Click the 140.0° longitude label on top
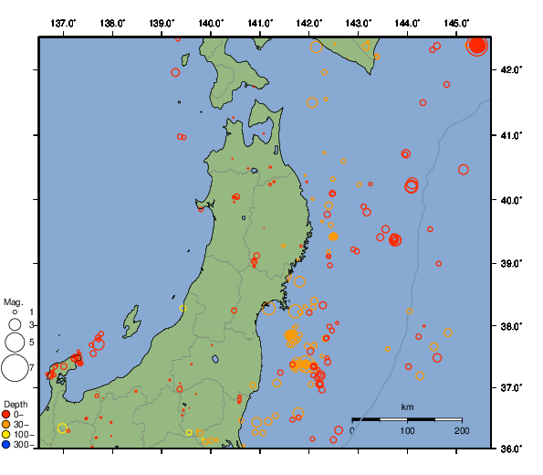tap(211, 22)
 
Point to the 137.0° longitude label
tap(63, 22)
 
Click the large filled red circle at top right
tap(477, 46)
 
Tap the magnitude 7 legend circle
tap(15, 368)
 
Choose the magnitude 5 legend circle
tap(15, 342)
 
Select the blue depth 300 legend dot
tap(6, 445)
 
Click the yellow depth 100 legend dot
tap(6, 435)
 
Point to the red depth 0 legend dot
tap(6, 415)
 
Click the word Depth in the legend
tap(16, 404)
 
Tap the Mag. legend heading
tap(13, 301)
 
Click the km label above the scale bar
tap(407, 406)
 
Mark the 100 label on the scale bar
tap(407, 430)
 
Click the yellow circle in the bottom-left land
tap(62, 428)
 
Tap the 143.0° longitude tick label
tap(359, 22)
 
